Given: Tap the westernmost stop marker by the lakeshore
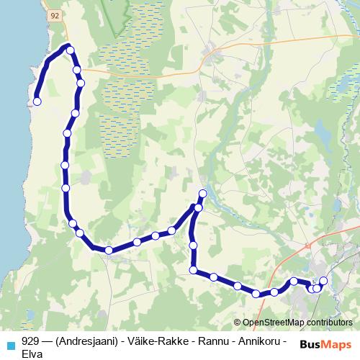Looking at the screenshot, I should tap(37, 102).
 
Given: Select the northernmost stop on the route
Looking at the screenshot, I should tap(70, 48).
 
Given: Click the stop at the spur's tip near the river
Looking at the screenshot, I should tap(202, 194).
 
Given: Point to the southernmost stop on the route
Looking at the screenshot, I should tap(256, 294).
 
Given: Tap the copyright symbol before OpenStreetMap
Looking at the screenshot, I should tap(238, 323).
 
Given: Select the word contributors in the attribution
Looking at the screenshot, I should tap(331, 323).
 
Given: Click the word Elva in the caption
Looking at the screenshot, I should tap(33, 354).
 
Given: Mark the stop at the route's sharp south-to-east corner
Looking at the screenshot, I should tap(193, 270).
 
